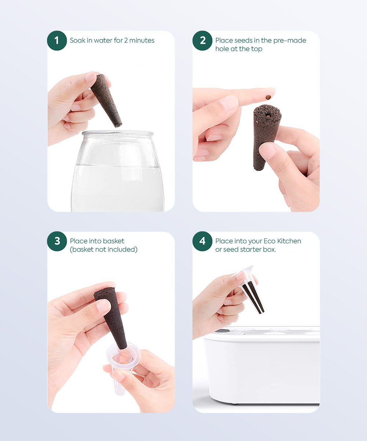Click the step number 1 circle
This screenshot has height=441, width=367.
point(57,40)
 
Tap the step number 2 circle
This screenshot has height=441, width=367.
point(203,40)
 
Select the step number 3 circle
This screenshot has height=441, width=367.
point(57,241)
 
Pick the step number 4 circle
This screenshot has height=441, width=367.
point(203,241)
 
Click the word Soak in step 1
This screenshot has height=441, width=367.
point(77,40)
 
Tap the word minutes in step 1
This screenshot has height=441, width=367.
point(142,40)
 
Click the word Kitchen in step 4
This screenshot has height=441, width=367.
point(289,241)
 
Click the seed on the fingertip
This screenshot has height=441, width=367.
point(268,97)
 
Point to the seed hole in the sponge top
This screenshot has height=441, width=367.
point(268,116)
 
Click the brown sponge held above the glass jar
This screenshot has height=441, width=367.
point(106,101)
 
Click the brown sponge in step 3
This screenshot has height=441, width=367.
point(111,319)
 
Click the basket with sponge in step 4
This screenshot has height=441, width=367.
point(250,290)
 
